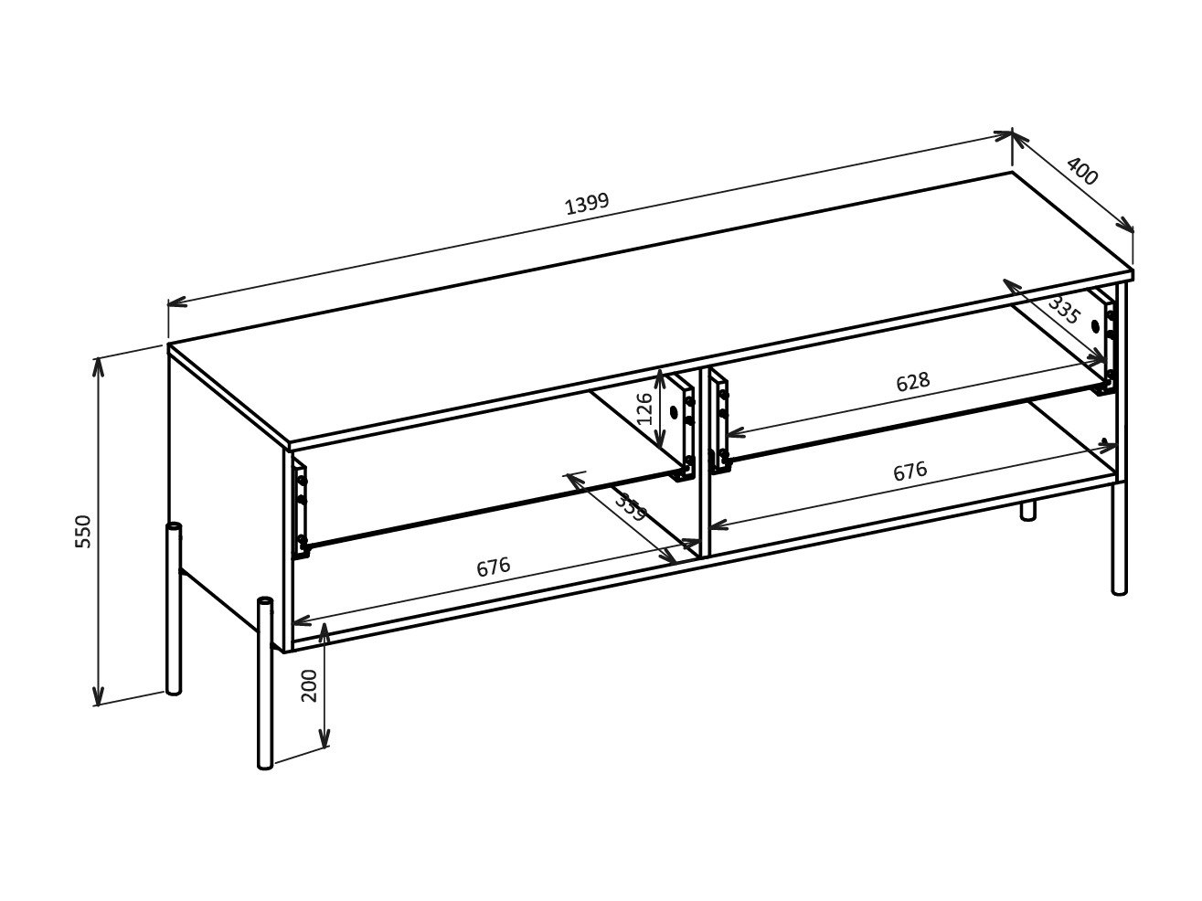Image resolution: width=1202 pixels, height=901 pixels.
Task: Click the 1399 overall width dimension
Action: (586, 203)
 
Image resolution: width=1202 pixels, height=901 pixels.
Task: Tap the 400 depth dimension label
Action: (1081, 172)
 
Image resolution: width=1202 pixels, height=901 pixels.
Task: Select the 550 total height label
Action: (84, 531)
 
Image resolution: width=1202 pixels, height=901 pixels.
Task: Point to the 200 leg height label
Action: (309, 684)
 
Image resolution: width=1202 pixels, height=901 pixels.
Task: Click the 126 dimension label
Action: (645, 409)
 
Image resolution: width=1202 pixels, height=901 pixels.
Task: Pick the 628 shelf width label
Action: (911, 382)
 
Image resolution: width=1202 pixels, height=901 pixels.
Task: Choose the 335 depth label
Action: (1064, 312)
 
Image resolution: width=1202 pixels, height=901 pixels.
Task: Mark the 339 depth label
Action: (630, 507)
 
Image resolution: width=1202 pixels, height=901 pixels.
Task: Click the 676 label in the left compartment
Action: (493, 567)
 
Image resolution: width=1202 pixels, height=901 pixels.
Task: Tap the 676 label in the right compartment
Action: (909, 472)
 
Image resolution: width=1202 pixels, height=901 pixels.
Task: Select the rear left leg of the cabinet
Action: (173, 609)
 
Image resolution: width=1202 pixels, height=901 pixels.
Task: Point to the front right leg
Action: (1119, 539)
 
